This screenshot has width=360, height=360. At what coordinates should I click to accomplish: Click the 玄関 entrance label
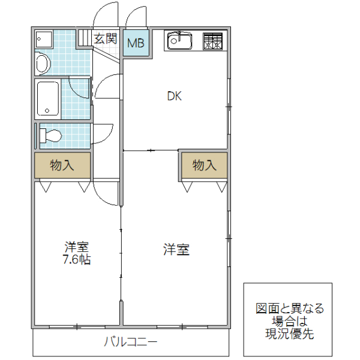point(106,40)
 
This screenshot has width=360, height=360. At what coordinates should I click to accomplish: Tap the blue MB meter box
point(135,43)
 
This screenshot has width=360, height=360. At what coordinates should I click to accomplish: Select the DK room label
point(174,96)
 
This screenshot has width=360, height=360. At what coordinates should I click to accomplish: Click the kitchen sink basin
point(179,40)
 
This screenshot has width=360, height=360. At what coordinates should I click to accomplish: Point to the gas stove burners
point(212,40)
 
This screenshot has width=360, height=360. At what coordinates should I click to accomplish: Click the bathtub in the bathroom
point(47,98)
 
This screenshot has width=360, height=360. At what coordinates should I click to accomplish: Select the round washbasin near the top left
point(43,62)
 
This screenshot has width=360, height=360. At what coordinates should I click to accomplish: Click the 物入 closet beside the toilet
point(62,166)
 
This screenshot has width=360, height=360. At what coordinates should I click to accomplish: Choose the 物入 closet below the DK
point(204,166)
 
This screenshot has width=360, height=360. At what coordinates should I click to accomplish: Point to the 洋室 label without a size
point(176,250)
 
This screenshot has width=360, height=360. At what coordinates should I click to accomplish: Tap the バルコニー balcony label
point(130,343)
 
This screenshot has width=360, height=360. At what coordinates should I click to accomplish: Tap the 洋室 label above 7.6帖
point(77,247)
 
